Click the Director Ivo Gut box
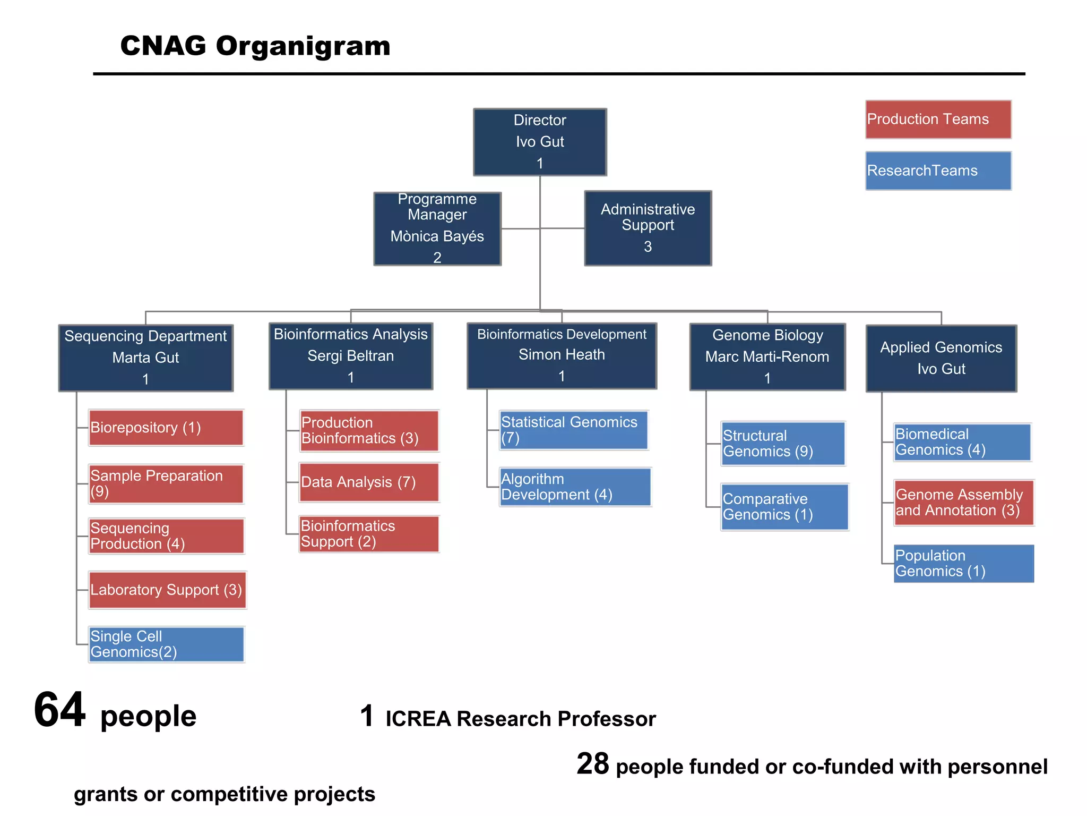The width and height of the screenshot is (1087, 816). [540, 142]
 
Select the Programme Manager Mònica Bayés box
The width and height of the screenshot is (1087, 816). [437, 228]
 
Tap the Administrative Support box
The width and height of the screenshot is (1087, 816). [648, 228]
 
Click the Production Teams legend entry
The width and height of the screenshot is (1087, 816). [938, 120]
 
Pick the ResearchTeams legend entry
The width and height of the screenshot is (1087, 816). [938, 171]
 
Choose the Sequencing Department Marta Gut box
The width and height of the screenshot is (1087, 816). [145, 358]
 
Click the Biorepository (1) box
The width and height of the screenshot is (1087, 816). [166, 428]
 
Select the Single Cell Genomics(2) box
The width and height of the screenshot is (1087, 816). [166, 644]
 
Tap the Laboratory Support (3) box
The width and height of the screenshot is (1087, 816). [167, 590]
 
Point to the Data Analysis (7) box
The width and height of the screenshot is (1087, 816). [368, 482]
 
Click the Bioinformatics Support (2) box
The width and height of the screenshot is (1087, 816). [368, 534]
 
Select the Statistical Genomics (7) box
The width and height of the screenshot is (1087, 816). [573, 430]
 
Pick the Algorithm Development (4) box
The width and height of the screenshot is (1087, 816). [574, 487]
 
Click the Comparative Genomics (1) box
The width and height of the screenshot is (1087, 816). [784, 507]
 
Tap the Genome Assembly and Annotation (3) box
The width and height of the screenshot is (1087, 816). [963, 503]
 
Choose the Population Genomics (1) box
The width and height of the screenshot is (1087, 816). [963, 563]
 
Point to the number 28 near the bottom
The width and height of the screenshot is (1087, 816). [592, 764]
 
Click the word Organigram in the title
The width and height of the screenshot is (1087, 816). [303, 46]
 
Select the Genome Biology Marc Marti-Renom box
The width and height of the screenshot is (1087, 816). [767, 356]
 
